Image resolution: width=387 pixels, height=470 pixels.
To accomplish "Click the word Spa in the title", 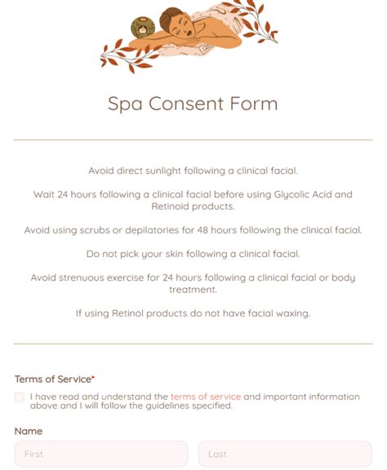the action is click(125, 104).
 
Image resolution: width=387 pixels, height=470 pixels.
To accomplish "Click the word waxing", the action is click(291, 313).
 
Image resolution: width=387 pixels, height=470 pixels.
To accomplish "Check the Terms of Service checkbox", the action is click(20, 397).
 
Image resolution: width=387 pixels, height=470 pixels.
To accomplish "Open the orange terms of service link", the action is click(206, 397).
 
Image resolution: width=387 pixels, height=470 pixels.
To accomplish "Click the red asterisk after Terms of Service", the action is click(93, 379).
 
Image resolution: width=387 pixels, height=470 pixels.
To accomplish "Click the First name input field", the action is click(100, 454).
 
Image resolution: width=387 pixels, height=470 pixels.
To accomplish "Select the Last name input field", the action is click(284, 454).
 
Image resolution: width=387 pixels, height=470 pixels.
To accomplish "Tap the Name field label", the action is click(29, 431).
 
